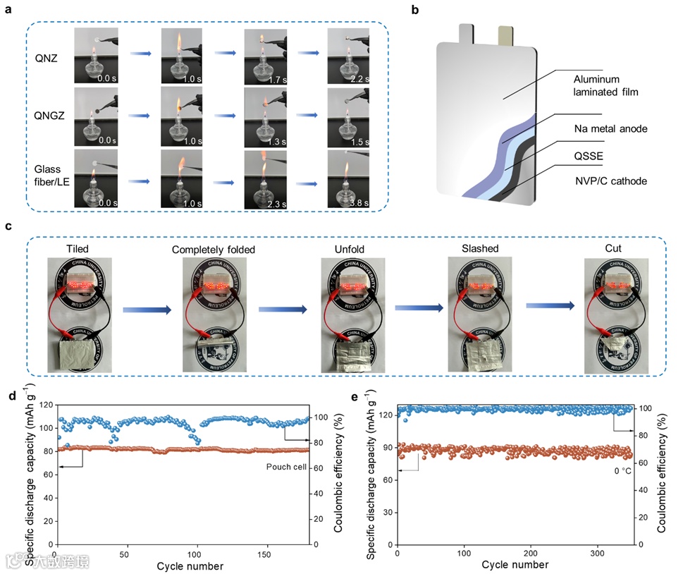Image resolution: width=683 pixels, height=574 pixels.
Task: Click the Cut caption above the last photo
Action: [613, 248]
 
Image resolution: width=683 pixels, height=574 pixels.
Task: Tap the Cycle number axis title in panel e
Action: [515, 566]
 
